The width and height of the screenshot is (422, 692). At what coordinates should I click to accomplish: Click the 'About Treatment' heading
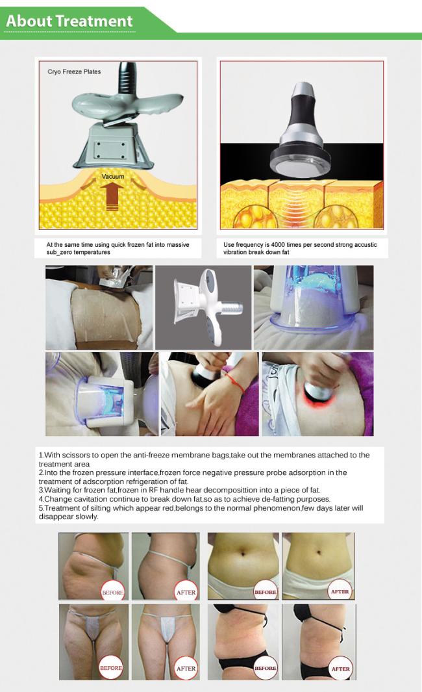(69, 21)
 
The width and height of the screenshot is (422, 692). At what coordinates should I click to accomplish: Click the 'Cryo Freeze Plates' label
(74, 71)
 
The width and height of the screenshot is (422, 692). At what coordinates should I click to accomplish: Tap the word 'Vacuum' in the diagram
(113, 177)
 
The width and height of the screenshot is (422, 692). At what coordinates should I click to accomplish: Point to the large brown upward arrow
(112, 196)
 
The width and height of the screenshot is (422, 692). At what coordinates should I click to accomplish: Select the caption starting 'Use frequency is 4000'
(300, 248)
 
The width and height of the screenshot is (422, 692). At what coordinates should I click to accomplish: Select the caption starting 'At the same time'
(118, 248)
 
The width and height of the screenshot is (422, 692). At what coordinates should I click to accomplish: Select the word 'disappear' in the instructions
(56, 517)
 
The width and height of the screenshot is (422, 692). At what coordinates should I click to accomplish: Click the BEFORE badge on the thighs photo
(111, 668)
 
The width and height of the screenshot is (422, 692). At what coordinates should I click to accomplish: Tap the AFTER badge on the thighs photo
(186, 668)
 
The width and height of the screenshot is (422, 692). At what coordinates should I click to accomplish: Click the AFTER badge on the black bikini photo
(340, 668)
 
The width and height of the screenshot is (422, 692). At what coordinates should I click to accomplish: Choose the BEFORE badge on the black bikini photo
(266, 668)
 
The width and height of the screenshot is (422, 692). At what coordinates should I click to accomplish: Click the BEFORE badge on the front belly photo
(266, 592)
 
